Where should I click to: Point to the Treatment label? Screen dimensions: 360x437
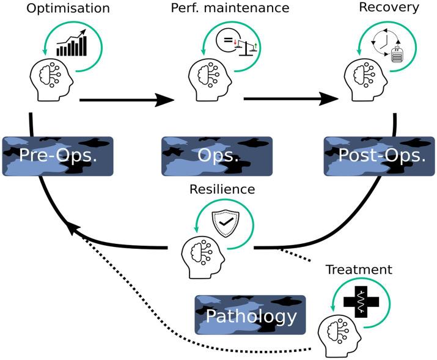pyautogui.click(x=359, y=270)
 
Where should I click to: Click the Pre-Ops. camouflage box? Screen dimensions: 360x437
pyautogui.click(x=59, y=156)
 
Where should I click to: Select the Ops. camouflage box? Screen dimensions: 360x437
pyautogui.click(x=217, y=156)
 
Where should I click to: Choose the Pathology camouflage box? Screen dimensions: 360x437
pyautogui.click(x=251, y=315)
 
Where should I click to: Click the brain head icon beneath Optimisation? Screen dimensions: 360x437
pyautogui.click(x=51, y=79)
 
